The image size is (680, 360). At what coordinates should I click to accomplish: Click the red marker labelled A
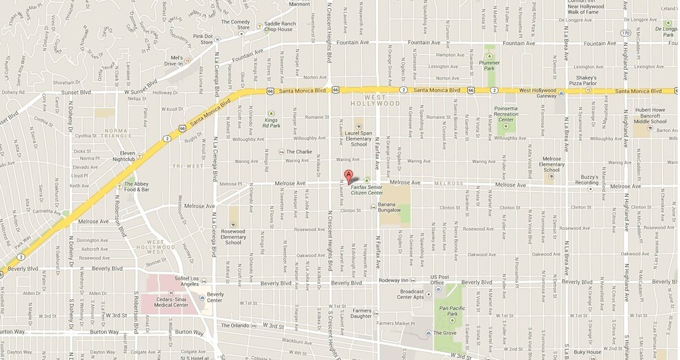click(348, 176)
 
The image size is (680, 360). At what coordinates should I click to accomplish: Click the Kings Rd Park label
click(271, 122)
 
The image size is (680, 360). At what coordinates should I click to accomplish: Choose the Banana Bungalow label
click(390, 208)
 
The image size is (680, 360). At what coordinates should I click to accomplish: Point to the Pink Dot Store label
click(202, 39)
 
